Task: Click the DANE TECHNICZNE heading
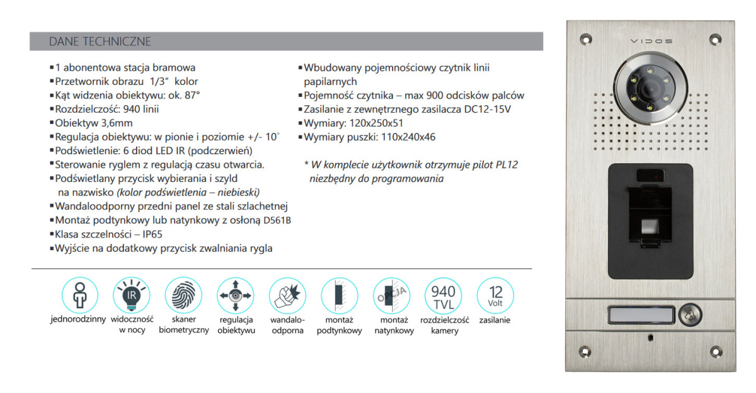pos(100,42)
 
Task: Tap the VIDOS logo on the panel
pos(651,42)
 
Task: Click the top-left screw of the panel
pos(586,39)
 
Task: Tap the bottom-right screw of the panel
pos(715,351)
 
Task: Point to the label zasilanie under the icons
pos(495,320)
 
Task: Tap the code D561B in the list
pos(276,220)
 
